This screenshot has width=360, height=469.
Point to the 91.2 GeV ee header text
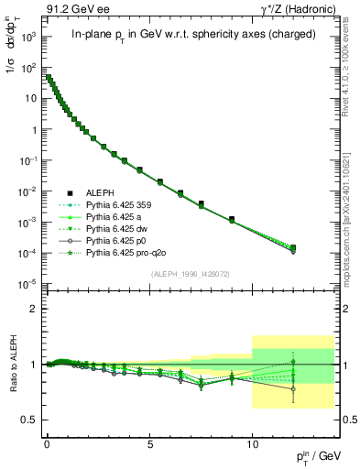70,8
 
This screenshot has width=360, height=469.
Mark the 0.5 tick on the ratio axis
29,420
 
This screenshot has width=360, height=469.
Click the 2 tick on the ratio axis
33,309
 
